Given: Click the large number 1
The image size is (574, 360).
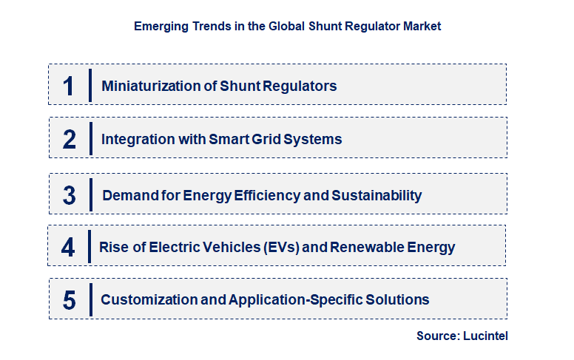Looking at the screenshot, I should pyautogui.click(x=69, y=86).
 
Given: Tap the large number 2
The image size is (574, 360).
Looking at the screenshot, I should pyautogui.click(x=69, y=139).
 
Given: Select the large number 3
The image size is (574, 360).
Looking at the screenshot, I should pyautogui.click(x=69, y=196).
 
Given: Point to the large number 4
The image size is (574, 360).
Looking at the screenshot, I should pyautogui.click(x=68, y=247).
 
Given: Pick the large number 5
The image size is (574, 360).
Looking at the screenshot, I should pyautogui.click(x=69, y=300).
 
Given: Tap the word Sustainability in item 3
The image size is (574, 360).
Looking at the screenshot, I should pyautogui.click(x=377, y=196).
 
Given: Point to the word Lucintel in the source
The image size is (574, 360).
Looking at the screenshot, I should pyautogui.click(x=486, y=336).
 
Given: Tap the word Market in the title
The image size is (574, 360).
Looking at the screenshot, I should pyautogui.click(x=422, y=26).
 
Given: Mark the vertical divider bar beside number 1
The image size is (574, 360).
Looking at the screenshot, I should pyautogui.click(x=90, y=86).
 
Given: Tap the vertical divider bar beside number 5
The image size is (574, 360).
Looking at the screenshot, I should pyautogui.click(x=90, y=299).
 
